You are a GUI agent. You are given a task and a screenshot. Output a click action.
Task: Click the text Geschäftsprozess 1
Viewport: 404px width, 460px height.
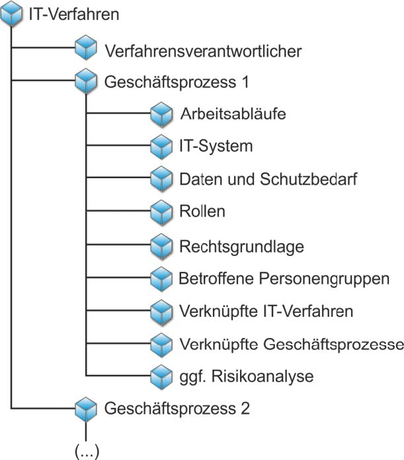[177, 82]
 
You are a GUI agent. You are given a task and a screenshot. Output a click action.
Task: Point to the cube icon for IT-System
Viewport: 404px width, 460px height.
[161, 147]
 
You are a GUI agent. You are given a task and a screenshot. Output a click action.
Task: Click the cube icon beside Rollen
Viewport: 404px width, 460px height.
[161, 212]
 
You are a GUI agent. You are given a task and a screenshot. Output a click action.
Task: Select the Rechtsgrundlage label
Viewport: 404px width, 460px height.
[241, 246]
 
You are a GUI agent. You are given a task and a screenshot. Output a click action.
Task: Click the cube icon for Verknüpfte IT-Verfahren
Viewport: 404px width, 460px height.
[161, 311]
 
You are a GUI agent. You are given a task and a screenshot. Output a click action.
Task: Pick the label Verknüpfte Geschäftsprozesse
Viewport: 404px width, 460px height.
[290, 344]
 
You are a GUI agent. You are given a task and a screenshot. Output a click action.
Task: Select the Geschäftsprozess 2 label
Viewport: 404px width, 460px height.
[177, 407]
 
